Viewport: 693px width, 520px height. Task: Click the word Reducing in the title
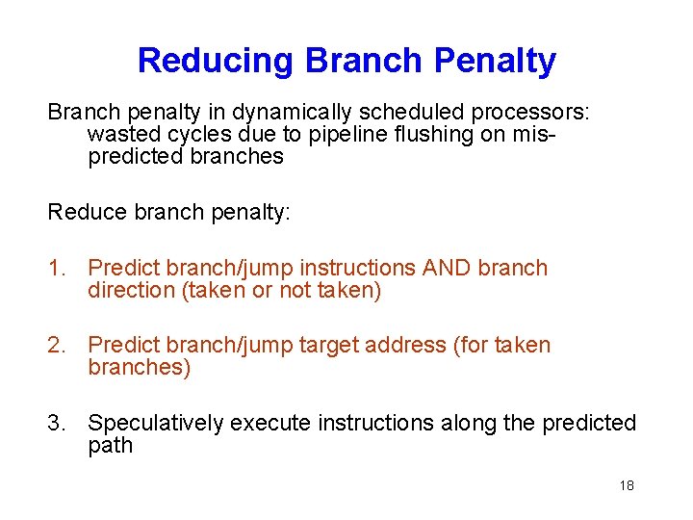[x=217, y=61]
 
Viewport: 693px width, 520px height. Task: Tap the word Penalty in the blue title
[x=495, y=61]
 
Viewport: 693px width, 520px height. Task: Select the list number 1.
[x=56, y=268]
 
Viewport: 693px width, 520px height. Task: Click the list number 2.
[x=56, y=345]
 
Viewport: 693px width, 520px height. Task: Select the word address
[x=408, y=345]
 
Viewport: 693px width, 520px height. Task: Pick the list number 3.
[x=56, y=423]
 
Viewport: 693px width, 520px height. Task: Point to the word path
[x=110, y=446]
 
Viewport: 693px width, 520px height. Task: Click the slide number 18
[x=627, y=485]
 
